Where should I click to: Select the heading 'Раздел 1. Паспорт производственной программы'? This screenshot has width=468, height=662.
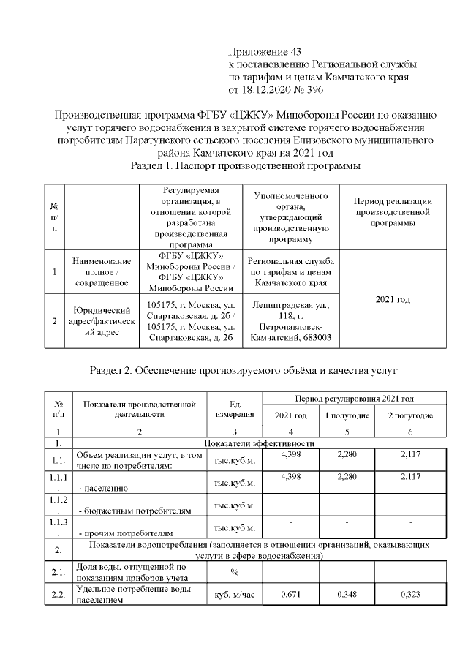(x=244, y=166)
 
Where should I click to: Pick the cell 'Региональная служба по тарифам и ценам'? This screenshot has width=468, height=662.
(x=291, y=271)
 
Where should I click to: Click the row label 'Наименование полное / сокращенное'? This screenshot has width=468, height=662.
(x=102, y=271)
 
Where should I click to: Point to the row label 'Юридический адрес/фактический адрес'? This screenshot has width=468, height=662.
(x=102, y=321)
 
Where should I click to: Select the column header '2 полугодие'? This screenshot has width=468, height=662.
(x=410, y=415)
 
